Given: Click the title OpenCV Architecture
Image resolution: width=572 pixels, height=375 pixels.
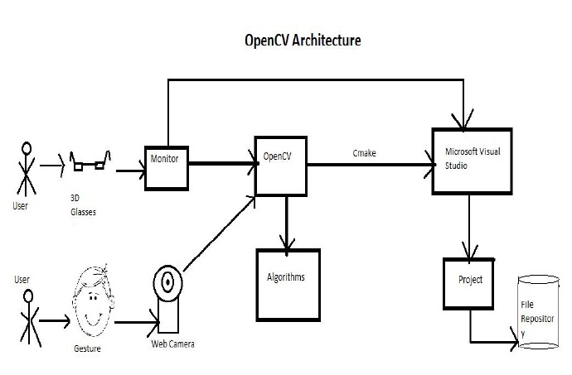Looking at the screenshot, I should point(301,40).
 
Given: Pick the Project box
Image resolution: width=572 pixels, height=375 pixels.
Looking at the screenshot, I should point(470,283).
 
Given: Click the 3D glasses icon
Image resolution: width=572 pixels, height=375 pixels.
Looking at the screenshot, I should point(90,165).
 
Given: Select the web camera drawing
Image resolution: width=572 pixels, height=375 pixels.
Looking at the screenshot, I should point(169,299).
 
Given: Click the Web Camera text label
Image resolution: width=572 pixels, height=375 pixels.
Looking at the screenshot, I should point(172,344).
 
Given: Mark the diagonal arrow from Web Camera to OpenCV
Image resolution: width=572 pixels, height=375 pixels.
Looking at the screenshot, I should point(218,233).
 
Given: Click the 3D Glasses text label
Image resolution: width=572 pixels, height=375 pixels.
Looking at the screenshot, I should point(83,205).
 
